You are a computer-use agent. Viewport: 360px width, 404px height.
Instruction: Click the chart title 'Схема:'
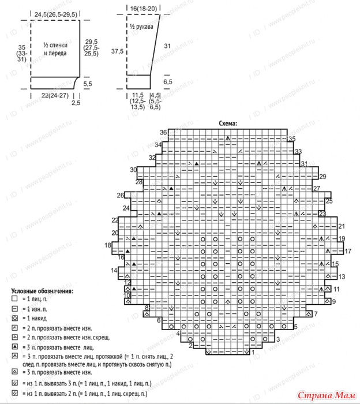click(x=229, y=124)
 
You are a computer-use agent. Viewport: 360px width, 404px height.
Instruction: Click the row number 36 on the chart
click(x=163, y=132)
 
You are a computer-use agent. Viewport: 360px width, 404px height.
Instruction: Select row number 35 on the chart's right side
click(x=292, y=139)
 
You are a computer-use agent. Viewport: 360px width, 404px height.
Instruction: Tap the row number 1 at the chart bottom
click(x=253, y=359)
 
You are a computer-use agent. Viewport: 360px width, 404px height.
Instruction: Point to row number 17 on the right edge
click(x=348, y=252)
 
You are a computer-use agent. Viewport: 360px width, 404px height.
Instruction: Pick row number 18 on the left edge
click(x=108, y=245)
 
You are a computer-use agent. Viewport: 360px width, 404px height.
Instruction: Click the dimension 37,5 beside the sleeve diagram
click(x=117, y=51)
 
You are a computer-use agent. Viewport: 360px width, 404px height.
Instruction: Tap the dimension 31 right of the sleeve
click(x=167, y=46)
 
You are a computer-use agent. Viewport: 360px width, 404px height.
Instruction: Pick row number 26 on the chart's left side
click(x=121, y=195)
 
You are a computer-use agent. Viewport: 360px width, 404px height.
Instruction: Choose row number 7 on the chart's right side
click(x=316, y=314)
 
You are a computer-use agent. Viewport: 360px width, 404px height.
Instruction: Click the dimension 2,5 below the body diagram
click(x=76, y=103)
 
